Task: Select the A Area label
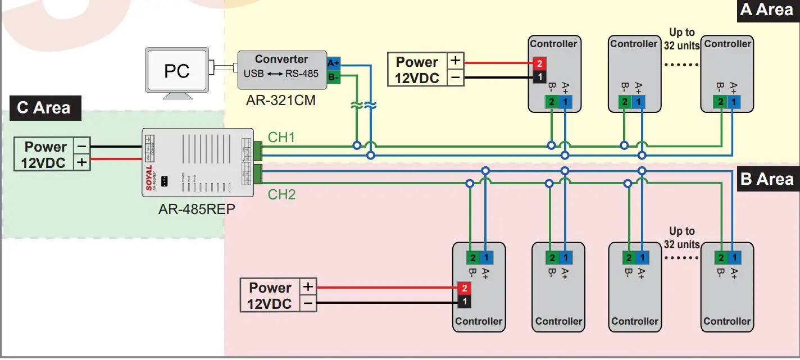click(766, 10)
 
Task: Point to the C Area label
click(44, 107)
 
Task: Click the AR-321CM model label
click(281, 101)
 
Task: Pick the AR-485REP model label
click(197, 209)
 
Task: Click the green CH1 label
click(281, 138)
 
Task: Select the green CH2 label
click(281, 195)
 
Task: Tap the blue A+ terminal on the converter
click(333, 63)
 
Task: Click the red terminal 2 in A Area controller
click(538, 64)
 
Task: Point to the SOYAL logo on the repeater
click(149, 177)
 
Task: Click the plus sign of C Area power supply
click(81, 163)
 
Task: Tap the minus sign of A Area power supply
click(456, 78)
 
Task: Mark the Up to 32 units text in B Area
click(681, 238)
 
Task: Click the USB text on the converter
click(253, 74)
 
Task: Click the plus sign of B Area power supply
click(308, 287)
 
